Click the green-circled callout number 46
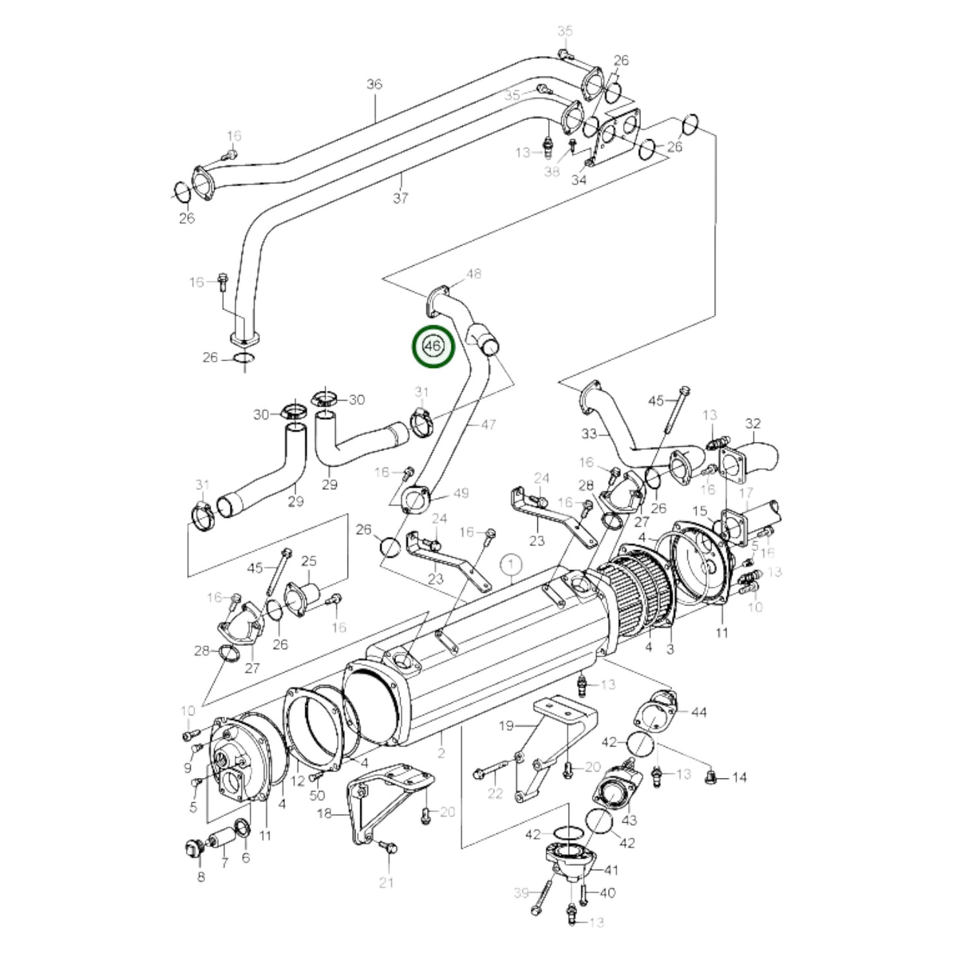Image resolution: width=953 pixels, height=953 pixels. (433, 346)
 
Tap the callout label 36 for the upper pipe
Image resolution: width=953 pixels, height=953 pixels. (375, 84)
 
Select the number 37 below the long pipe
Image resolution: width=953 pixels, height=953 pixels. (400, 197)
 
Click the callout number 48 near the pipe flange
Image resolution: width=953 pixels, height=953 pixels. (474, 274)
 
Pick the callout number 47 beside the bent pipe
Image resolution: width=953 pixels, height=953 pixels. (488, 425)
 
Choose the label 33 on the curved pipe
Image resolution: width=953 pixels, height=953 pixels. (589, 434)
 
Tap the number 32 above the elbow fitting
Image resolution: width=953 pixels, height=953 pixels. (753, 423)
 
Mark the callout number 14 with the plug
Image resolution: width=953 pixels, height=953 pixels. (739, 778)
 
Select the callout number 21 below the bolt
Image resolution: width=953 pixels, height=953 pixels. (386, 882)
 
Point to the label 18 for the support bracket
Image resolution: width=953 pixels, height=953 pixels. (324, 814)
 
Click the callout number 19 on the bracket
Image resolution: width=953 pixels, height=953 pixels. (506, 727)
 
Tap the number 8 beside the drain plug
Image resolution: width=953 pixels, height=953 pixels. (201, 876)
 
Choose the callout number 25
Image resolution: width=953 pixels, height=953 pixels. (309, 561)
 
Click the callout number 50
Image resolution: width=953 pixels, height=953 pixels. (317, 796)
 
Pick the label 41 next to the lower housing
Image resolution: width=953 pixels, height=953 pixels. (611, 870)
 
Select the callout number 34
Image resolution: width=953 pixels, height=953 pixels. (579, 179)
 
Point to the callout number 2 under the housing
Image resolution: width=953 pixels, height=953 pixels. (441, 753)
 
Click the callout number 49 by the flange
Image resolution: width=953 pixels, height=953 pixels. (461, 493)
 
